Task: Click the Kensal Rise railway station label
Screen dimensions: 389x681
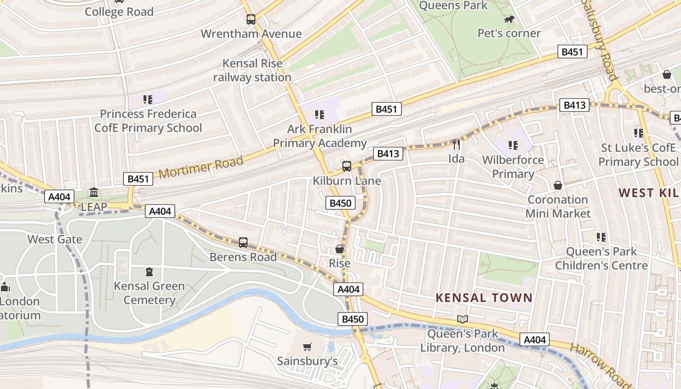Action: [252, 71]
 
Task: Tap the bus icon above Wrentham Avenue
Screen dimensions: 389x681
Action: [251, 19]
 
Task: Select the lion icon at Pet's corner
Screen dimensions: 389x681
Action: [509, 19]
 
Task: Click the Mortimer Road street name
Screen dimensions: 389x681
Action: [201, 167]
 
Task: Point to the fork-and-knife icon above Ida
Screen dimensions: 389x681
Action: [456, 144]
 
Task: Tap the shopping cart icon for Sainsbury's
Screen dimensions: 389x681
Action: [307, 347]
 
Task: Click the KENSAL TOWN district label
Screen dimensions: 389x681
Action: [484, 298]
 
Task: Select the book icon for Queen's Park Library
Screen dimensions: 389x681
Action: [462, 319]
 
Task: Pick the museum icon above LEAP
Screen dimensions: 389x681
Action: [94, 193]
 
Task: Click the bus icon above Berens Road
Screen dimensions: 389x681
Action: [243, 242]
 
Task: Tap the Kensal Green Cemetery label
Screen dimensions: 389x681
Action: [149, 293]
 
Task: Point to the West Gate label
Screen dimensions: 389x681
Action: [55, 239]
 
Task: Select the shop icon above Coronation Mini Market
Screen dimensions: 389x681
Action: [558, 185]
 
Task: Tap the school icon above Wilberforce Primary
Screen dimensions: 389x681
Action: [513, 145]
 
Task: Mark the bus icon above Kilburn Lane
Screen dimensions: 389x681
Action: [347, 166]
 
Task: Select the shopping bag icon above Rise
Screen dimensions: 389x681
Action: [340, 249]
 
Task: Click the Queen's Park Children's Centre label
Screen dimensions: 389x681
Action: [601, 258]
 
